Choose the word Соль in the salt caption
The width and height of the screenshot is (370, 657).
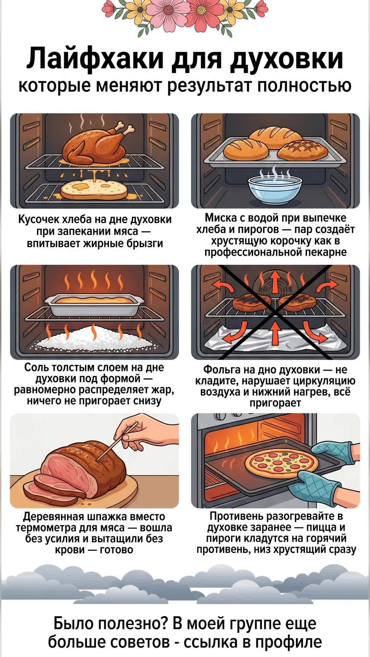pyautogui.click(x=37, y=368)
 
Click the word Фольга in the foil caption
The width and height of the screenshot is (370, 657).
pyautogui.click(x=222, y=370)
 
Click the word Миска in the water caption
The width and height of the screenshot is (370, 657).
pyautogui.click(x=220, y=218)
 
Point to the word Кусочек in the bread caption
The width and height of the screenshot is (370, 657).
pyautogui.click(x=37, y=220)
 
